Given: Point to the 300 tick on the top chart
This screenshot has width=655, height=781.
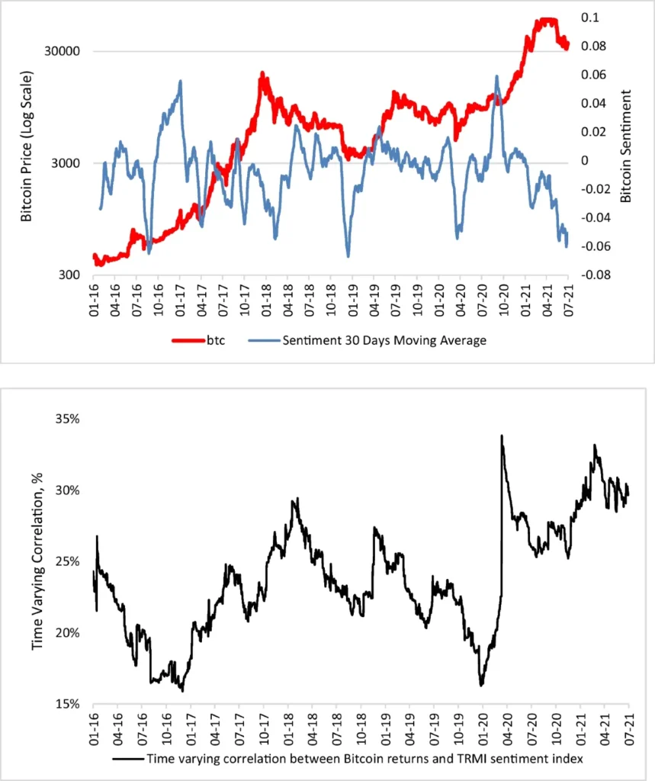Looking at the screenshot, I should point(72,275).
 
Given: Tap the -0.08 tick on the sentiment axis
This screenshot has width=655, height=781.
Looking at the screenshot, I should point(594,275).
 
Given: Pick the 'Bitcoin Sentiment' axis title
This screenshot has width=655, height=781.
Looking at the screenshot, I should point(626,146).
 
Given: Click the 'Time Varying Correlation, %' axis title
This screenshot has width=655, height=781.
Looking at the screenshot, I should point(37,561).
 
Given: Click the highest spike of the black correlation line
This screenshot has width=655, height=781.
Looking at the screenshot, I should point(502,435).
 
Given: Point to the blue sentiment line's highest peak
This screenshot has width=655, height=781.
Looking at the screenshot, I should point(496,76).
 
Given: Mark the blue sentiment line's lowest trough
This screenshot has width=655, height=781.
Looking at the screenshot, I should point(348,257).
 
